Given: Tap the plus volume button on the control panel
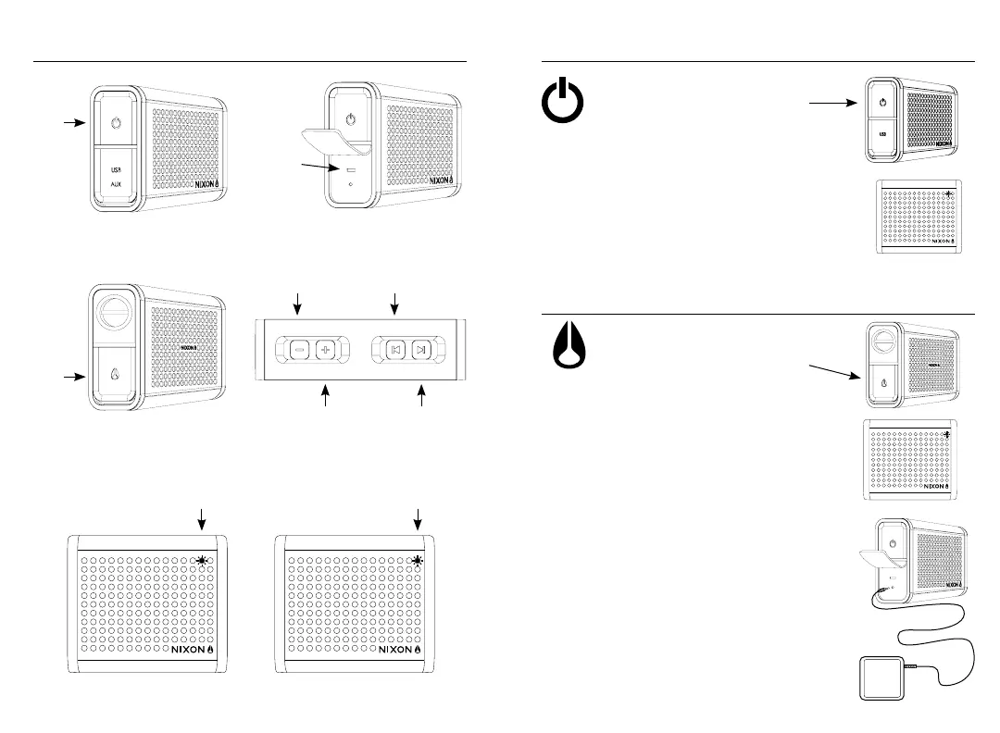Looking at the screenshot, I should point(325,351).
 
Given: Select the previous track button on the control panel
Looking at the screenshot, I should point(395,351).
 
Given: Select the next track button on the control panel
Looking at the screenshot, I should point(422,351).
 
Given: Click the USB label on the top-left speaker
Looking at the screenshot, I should point(116,168).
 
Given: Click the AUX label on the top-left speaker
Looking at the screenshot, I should point(116,183).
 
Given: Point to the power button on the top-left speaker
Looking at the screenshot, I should point(115,123).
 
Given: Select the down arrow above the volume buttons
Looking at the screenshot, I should point(298,302).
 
